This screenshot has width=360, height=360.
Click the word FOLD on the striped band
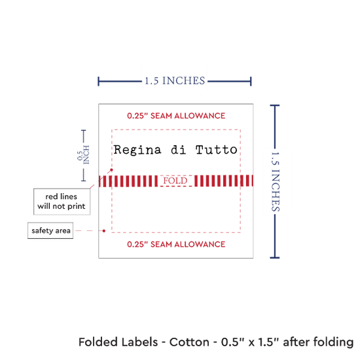click(175, 181)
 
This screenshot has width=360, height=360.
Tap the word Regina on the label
click(137, 151)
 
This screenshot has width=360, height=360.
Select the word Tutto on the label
click(216, 150)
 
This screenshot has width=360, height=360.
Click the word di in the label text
click(179, 150)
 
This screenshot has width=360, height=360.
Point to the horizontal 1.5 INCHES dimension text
click(175, 81)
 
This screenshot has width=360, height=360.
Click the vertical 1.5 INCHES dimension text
click(276, 181)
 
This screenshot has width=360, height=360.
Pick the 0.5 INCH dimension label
click(83, 155)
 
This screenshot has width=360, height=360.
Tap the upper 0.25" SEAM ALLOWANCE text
click(176, 116)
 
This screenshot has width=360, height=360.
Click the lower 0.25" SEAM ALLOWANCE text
click(176, 244)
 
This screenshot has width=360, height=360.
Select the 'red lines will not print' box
click(62, 202)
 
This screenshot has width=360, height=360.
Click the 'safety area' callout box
click(50, 230)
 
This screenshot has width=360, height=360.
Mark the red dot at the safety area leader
click(104, 231)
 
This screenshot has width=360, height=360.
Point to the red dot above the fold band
click(111, 170)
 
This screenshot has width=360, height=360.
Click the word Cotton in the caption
click(189, 342)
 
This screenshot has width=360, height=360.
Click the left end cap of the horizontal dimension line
click(98, 81)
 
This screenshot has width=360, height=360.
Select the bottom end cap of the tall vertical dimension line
click(275, 258)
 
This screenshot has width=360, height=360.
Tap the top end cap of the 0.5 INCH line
click(84, 130)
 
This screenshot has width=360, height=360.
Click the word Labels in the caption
click(139, 342)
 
